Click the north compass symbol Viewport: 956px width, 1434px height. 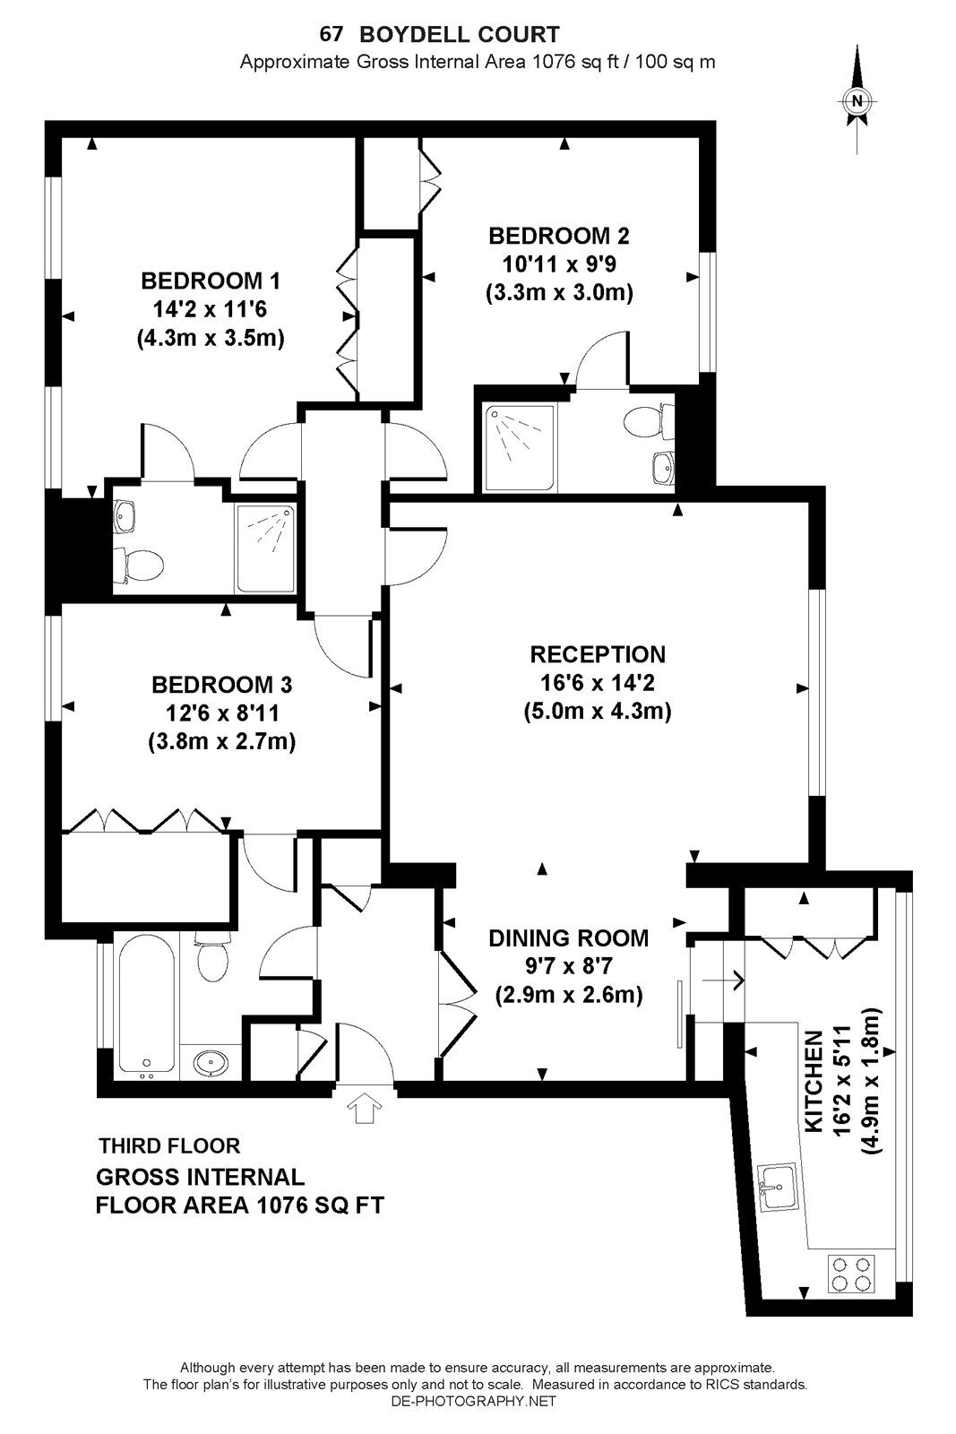857,99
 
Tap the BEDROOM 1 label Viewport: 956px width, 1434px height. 211,281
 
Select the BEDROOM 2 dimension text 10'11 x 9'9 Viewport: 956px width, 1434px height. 558,264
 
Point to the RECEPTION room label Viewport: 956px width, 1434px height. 598,654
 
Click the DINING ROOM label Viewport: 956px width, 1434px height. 568,937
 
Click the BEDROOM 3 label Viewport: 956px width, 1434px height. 221,685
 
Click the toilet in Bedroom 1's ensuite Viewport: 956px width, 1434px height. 138,565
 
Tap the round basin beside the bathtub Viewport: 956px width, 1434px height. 210,1063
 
